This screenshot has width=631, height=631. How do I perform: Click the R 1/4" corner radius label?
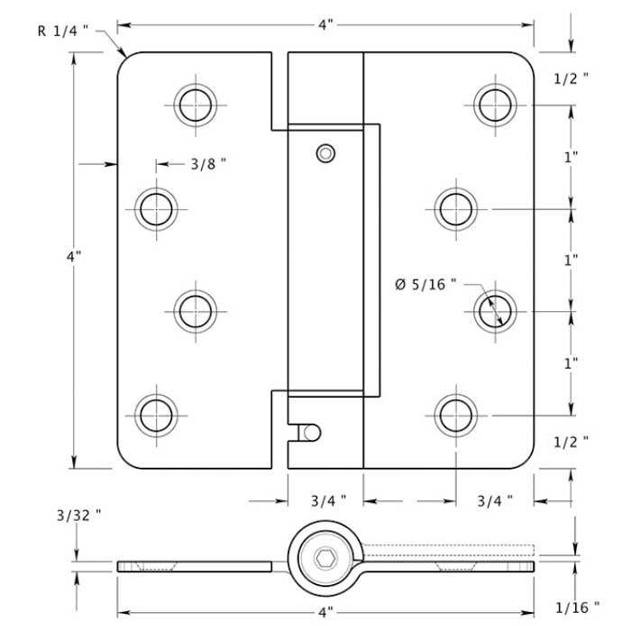coord(62,31)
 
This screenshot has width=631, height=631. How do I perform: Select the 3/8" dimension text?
coord(208,164)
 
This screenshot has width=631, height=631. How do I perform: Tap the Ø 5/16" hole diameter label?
coord(425,285)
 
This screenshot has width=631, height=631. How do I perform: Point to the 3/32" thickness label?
coord(78,516)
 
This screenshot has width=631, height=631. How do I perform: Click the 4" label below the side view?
coord(325,613)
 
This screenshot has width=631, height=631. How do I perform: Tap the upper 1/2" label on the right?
coord(571,78)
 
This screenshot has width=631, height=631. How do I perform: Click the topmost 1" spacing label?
coord(571,157)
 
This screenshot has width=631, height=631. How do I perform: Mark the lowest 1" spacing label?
coord(571,363)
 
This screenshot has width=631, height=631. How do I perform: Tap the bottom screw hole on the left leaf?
coord(156,415)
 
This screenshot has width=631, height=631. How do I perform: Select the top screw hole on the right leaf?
coord(494,105)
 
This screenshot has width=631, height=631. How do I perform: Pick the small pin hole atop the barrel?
coord(324,153)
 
